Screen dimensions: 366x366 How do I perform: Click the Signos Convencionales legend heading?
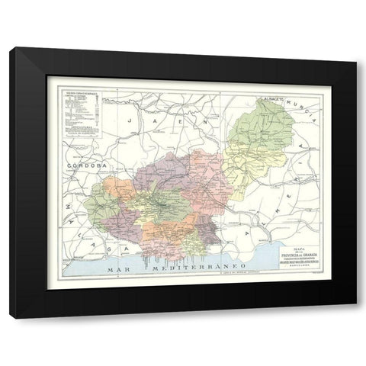pos(79,94)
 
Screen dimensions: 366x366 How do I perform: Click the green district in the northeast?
pos(263,130)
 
